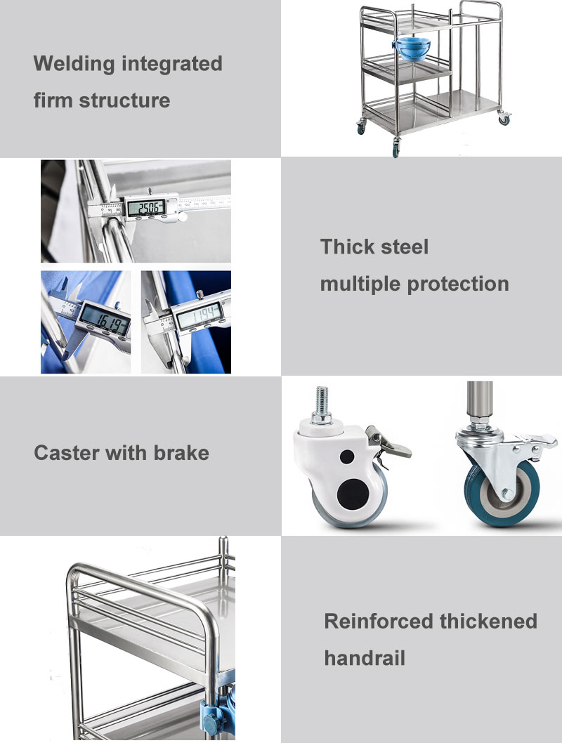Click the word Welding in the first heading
[74, 64]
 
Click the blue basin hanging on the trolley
[412, 48]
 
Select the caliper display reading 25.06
[145, 207]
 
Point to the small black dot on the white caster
[346, 456]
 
